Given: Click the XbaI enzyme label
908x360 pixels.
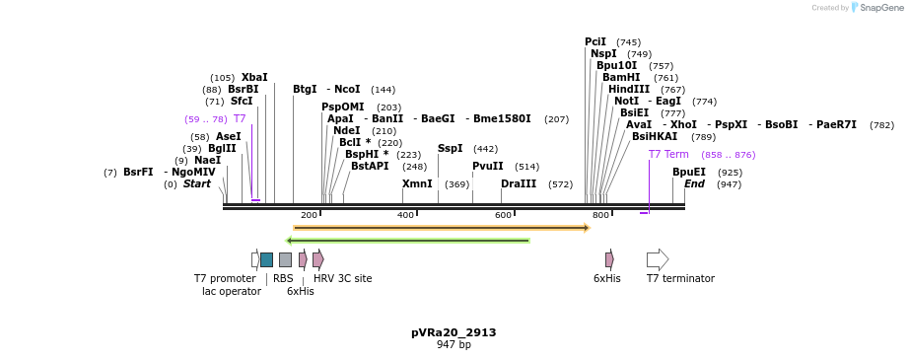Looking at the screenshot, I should click(x=254, y=77).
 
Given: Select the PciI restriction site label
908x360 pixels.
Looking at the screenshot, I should click(x=595, y=41).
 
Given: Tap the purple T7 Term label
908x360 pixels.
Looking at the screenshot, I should click(x=668, y=154).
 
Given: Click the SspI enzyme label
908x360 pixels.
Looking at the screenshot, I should click(x=450, y=148).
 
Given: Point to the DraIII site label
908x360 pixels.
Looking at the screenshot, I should click(x=519, y=183).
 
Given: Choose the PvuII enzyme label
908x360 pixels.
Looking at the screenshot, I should click(x=487, y=166).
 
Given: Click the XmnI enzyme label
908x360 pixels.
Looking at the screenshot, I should click(x=417, y=183).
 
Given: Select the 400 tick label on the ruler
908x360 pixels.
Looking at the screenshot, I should click(x=406, y=215).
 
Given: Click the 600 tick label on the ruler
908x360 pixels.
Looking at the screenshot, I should click(x=504, y=215).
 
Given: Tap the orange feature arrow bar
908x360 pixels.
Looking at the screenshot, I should click(x=441, y=228).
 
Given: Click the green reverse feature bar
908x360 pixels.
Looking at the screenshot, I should click(x=408, y=240).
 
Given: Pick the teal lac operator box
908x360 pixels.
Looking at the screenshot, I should click(x=266, y=259).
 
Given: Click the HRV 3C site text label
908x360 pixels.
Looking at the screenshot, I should click(x=342, y=278).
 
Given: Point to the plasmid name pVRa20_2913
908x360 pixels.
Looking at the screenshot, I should click(x=454, y=332).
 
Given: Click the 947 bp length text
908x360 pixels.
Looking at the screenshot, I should click(x=454, y=344).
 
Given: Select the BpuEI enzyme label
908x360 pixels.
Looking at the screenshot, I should click(x=689, y=172).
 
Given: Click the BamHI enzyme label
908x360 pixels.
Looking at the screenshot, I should click(x=621, y=77).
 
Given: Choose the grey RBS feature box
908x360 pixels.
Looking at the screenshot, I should click(x=285, y=259).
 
